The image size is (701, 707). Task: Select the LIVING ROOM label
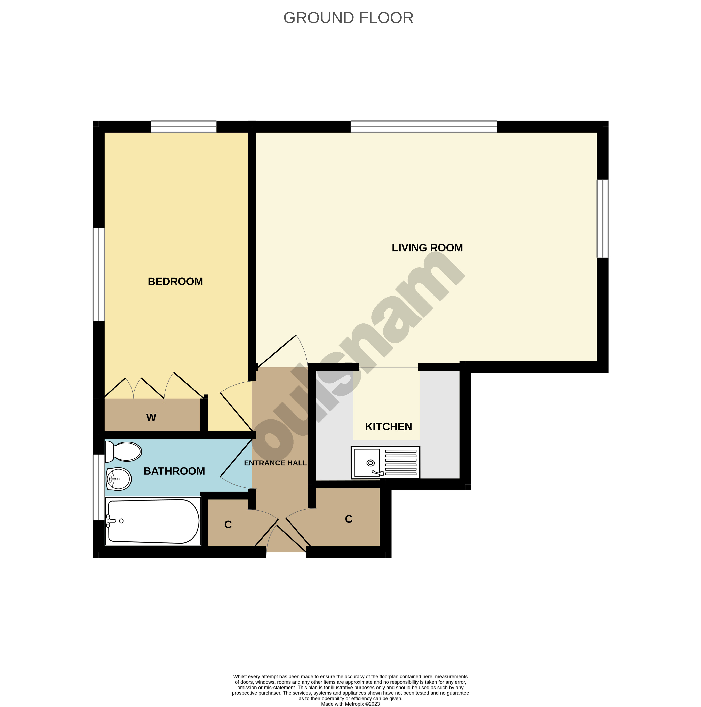[x=427, y=248]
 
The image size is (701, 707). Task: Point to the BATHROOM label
[x=174, y=471]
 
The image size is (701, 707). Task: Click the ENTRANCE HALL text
[x=275, y=463]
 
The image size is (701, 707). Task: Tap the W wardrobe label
[x=151, y=418]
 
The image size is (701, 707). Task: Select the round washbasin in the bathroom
[x=119, y=479]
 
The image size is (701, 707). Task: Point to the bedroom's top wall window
[x=183, y=127]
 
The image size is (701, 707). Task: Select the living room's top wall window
[x=424, y=127]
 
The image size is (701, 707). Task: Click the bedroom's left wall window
[x=98, y=274]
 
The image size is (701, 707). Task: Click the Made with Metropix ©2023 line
[x=350, y=704]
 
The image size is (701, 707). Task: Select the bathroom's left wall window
[x=98, y=487]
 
